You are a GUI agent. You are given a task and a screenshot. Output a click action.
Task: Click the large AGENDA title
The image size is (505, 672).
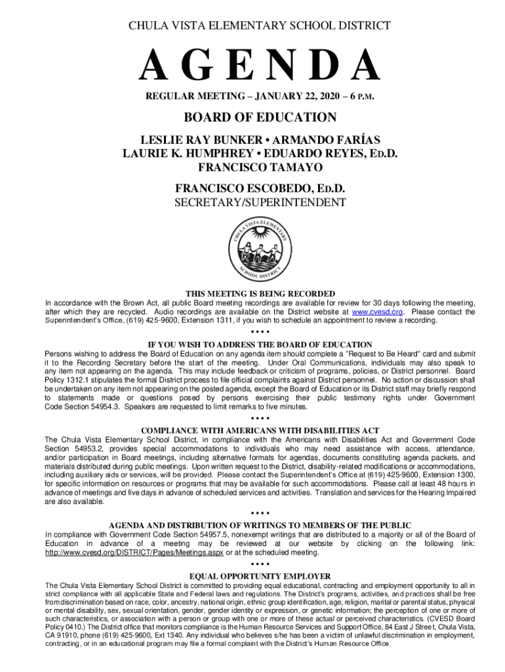(x=260, y=68)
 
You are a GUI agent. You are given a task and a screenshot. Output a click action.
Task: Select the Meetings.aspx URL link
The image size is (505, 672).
(x=134, y=552)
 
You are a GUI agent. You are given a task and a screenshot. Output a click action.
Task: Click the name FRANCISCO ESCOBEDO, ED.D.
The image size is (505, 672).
(x=260, y=189)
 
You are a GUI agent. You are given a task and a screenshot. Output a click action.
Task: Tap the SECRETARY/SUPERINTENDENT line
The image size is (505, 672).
(x=260, y=203)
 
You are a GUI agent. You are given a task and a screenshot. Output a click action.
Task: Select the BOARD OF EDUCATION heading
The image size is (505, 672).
(x=260, y=117)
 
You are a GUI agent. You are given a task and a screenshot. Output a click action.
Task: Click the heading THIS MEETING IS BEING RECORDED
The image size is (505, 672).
(x=260, y=293)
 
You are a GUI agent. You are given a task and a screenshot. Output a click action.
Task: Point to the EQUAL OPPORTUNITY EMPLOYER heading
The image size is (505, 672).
(x=260, y=576)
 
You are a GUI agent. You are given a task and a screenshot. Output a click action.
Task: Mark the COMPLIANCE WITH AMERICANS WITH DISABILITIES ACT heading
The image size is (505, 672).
(x=260, y=430)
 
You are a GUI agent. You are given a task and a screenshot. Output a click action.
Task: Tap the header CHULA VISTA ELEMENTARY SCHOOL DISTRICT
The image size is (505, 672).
(x=260, y=26)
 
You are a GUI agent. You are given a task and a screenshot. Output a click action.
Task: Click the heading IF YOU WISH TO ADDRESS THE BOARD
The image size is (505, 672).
(x=260, y=345)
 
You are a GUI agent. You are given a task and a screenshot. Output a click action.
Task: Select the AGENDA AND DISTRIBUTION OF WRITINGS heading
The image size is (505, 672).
(x=260, y=525)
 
